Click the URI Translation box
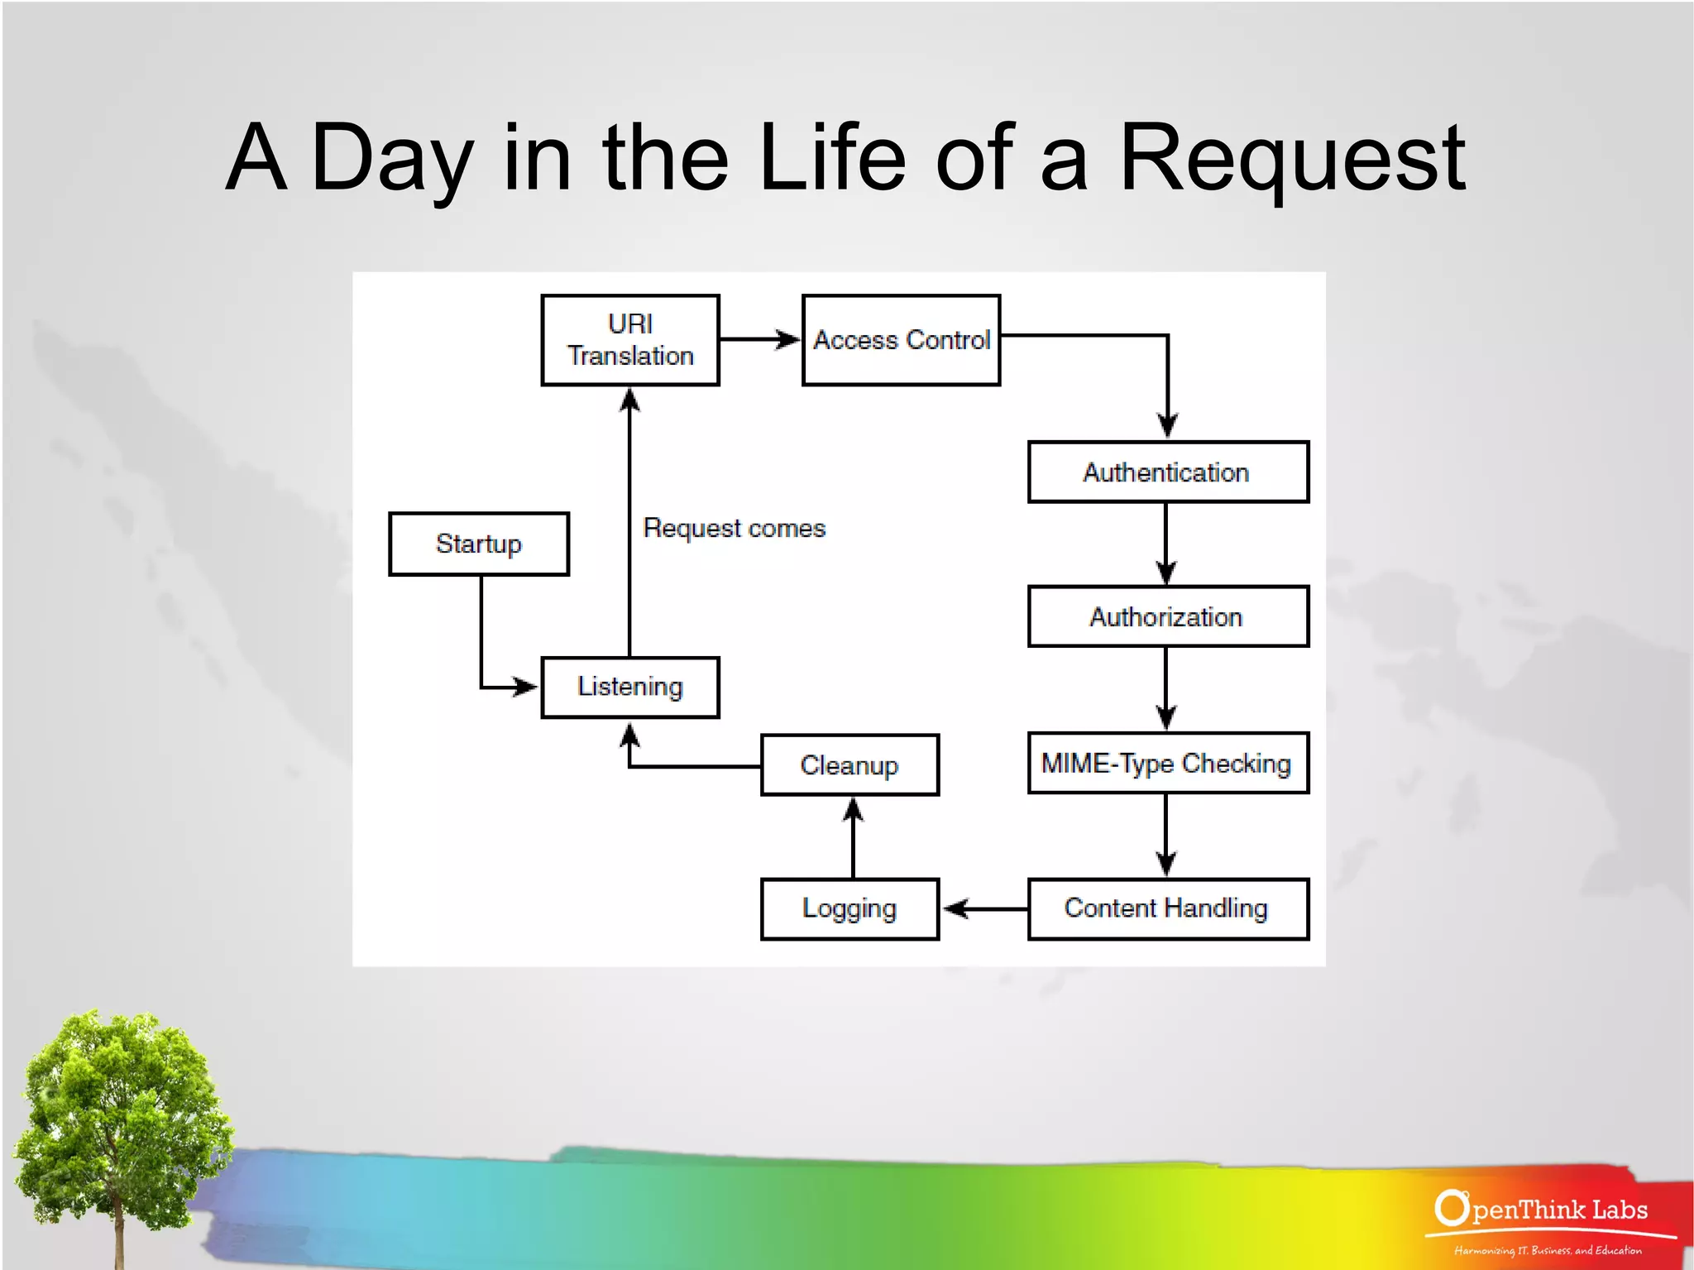point(630,340)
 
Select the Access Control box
point(901,340)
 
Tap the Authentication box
point(1167,472)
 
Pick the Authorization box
point(1167,617)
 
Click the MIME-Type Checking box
point(1167,763)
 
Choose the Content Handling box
point(1167,908)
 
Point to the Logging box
point(849,908)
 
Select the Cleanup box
point(849,765)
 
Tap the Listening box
point(630,687)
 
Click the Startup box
point(479,544)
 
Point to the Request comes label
point(734,529)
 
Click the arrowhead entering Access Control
point(788,339)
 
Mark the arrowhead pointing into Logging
point(955,908)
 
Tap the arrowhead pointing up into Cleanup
point(854,808)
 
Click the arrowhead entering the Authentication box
point(1167,427)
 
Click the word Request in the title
point(1292,159)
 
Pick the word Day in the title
point(392,159)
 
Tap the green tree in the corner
point(120,1100)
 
